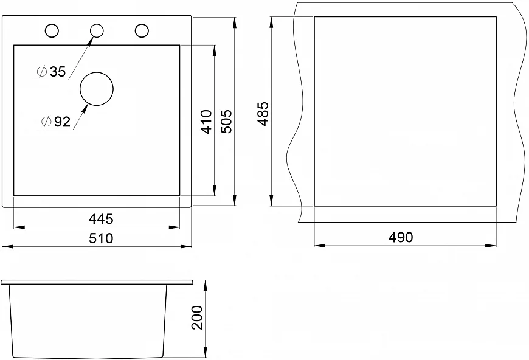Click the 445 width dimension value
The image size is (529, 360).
click(x=101, y=218)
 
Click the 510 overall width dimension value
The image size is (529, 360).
click(x=101, y=238)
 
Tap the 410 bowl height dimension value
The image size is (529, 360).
click(x=206, y=122)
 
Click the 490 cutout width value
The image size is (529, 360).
click(x=401, y=237)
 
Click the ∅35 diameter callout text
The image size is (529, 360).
click(x=51, y=72)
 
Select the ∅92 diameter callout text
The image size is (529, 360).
click(x=55, y=122)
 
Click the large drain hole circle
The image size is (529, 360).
click(x=97, y=89)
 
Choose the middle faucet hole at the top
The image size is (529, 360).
click(x=97, y=30)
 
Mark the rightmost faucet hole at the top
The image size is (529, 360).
click(x=142, y=30)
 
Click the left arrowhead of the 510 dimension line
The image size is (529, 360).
click(x=7, y=246)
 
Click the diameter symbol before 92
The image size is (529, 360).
click(x=46, y=122)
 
